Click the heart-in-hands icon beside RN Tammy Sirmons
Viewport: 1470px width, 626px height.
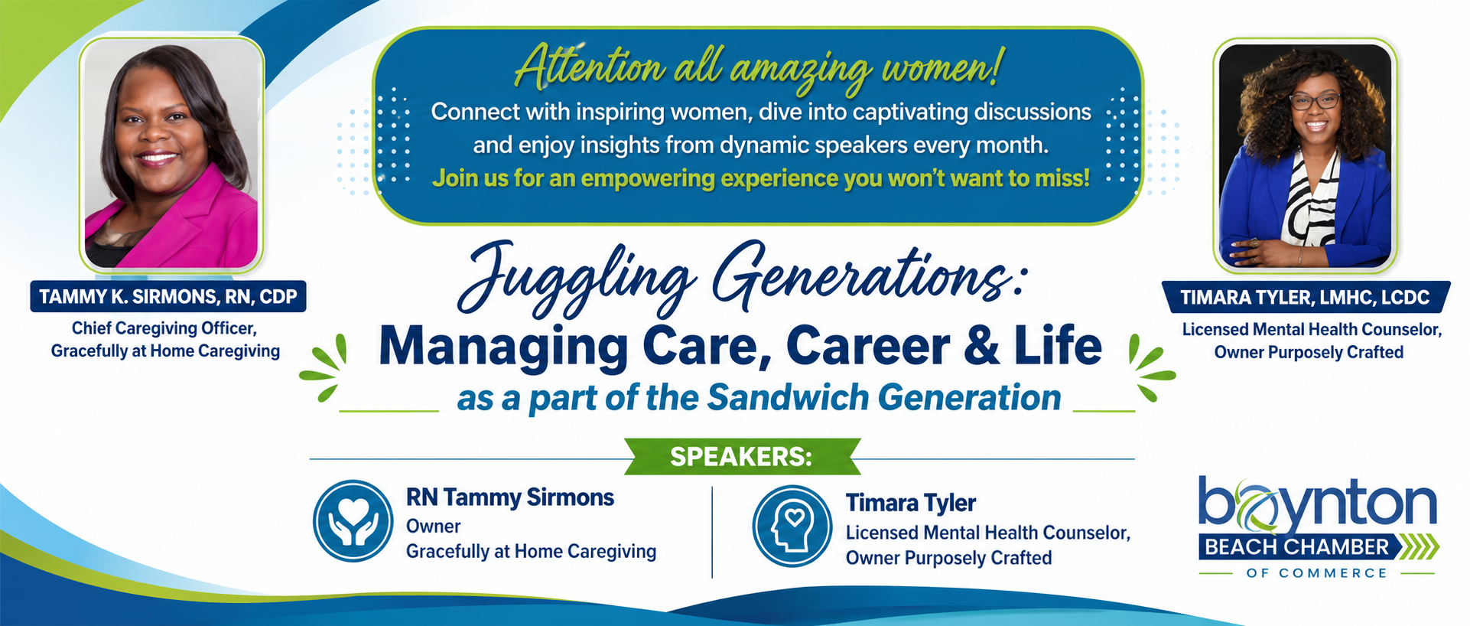coord(353,520)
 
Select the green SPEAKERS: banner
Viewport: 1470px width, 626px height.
coord(742,457)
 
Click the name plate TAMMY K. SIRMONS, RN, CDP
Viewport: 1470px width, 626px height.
coord(168,297)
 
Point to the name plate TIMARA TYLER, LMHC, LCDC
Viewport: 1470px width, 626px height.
coord(1305,298)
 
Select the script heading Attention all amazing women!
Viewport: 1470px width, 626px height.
coord(758,68)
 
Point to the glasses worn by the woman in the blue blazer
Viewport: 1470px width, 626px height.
coord(1315,100)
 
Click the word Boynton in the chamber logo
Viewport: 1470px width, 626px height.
coord(1317,504)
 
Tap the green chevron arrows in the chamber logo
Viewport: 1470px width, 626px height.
coord(1422,547)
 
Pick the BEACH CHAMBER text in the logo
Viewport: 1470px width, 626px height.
coord(1297,547)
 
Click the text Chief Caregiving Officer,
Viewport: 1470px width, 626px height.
coord(164,328)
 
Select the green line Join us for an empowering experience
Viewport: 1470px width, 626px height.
coord(761,178)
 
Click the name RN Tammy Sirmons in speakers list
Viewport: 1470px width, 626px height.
coord(510,497)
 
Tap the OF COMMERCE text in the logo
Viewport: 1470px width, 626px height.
coord(1316,572)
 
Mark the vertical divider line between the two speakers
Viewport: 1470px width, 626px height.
coord(712,532)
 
